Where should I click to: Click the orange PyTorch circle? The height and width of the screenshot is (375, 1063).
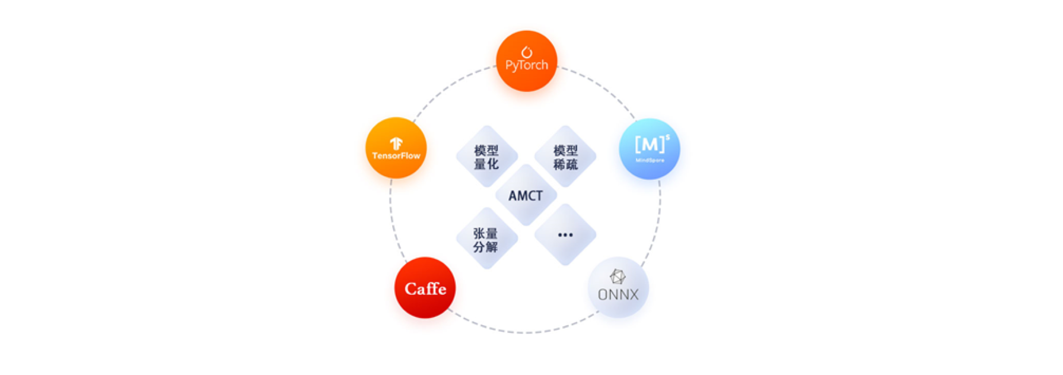[x=526, y=61]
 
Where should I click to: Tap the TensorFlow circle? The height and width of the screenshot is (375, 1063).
[x=396, y=148]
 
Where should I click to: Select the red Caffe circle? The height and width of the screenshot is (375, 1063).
[x=425, y=288]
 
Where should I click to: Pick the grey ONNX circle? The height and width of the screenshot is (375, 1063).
[x=618, y=288]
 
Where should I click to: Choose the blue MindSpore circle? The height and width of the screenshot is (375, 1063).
[x=650, y=149]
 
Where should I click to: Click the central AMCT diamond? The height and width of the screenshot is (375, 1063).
[x=526, y=195]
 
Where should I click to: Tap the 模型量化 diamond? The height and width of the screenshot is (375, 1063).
[x=487, y=156]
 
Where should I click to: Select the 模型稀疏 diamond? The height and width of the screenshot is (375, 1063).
[x=565, y=156]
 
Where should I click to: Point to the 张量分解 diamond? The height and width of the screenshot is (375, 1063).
[x=487, y=239]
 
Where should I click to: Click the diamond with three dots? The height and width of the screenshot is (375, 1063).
[x=565, y=234]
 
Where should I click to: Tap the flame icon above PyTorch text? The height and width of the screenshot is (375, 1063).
[x=526, y=52]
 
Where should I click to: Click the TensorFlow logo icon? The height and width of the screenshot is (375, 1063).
[x=396, y=144]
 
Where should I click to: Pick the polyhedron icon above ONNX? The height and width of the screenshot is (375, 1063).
[x=618, y=277]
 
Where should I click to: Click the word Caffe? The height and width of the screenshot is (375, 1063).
[x=425, y=288]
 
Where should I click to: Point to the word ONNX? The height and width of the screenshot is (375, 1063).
[x=618, y=294]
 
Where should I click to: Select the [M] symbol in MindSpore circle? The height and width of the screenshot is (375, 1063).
[x=650, y=144]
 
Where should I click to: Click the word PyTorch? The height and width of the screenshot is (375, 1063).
[x=527, y=65]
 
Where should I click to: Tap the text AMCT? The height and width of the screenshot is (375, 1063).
[x=526, y=196]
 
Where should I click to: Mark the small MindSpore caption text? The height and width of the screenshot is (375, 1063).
[x=650, y=160]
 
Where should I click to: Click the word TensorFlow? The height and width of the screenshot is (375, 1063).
[x=396, y=155]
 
